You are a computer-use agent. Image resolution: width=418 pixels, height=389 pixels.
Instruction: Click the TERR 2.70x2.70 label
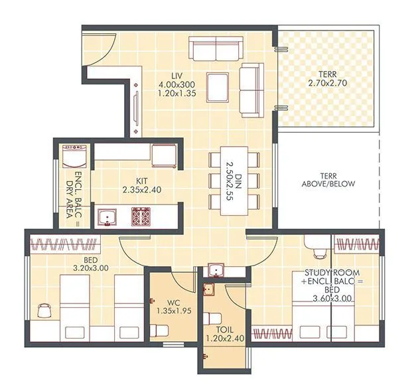(x=328, y=78)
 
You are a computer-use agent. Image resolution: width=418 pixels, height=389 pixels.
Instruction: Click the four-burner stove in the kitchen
(x=142, y=216)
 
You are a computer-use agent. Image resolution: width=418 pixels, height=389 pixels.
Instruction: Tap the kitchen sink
(x=106, y=216)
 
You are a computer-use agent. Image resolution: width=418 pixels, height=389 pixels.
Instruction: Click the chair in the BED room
(x=45, y=311)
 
